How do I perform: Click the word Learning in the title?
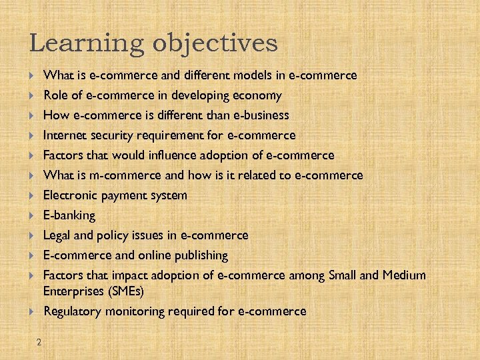click(87, 44)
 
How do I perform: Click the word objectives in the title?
click(215, 44)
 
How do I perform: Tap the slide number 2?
click(39, 343)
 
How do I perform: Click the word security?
click(111, 135)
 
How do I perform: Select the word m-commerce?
click(117, 175)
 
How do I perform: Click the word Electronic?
click(69, 195)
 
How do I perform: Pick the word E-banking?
click(69, 215)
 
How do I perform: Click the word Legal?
click(57, 235)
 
